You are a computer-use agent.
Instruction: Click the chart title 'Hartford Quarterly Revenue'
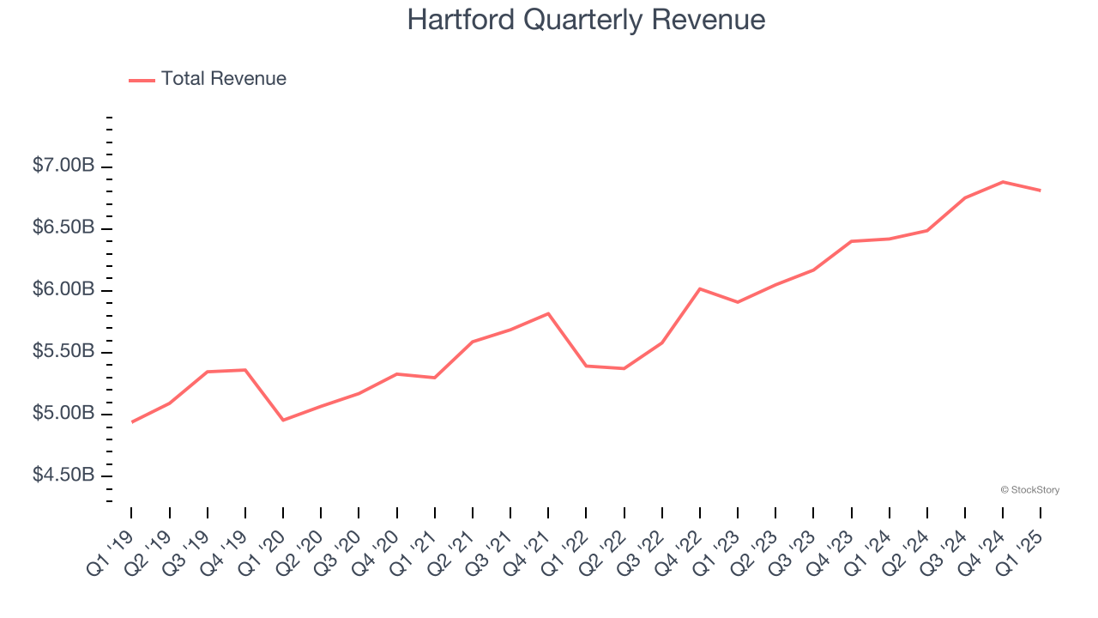click(x=586, y=20)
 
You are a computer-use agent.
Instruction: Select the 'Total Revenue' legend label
click(x=223, y=79)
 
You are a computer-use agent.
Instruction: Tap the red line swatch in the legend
click(x=142, y=80)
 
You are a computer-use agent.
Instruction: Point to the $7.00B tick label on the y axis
click(x=63, y=166)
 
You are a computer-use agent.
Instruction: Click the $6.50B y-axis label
click(x=63, y=227)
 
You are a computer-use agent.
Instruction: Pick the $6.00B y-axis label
click(x=63, y=289)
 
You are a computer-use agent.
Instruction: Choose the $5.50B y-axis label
click(x=63, y=351)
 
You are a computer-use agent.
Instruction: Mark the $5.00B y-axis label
click(x=63, y=413)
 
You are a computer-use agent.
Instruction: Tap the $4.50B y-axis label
click(x=63, y=475)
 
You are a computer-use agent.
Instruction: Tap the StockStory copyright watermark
click(x=1029, y=490)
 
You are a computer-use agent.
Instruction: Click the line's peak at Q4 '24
click(x=1003, y=182)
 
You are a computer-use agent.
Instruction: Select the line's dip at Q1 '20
click(x=283, y=420)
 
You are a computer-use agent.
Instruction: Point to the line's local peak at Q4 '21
click(x=548, y=313)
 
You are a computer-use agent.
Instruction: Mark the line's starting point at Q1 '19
click(x=132, y=421)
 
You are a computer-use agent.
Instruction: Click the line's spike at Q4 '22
click(x=700, y=288)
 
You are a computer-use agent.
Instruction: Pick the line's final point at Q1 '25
click(x=1041, y=191)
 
